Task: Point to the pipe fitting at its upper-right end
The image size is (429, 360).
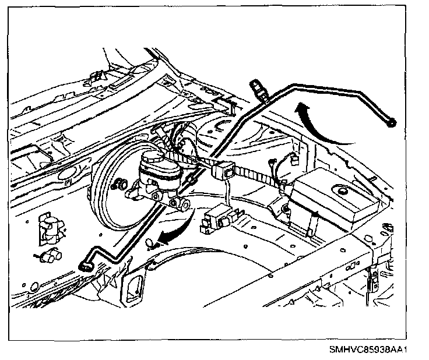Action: [x=392, y=122]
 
